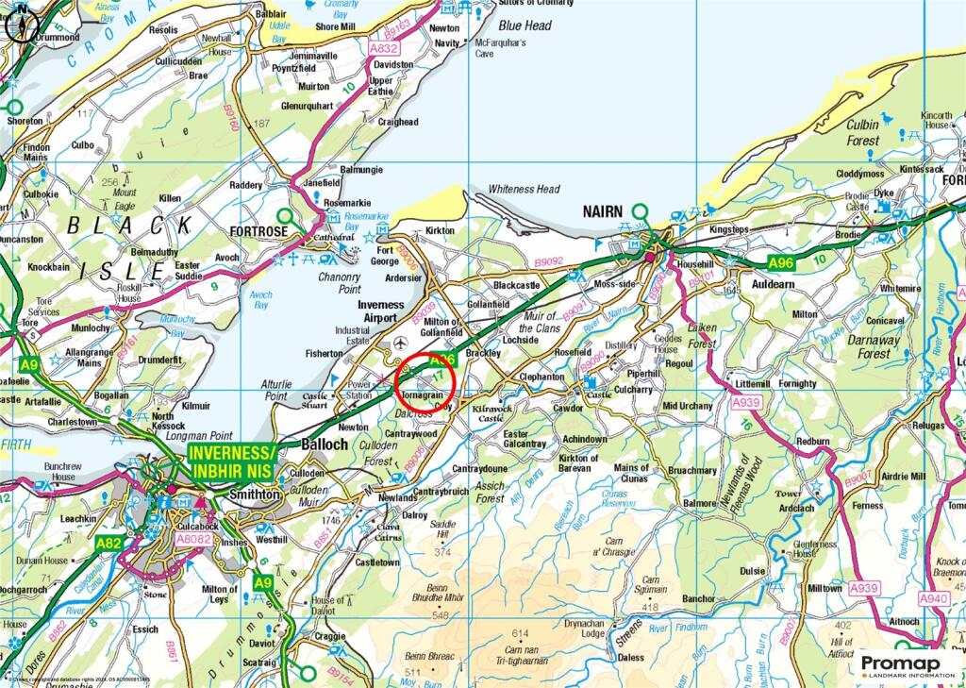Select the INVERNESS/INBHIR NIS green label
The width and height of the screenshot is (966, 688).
(x=231, y=461)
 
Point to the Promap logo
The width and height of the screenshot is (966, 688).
(x=904, y=666)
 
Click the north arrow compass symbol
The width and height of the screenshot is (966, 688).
(x=22, y=23)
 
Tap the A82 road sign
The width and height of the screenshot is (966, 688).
(x=109, y=545)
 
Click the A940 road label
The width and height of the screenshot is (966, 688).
(x=932, y=599)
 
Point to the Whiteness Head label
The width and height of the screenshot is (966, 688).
(x=524, y=189)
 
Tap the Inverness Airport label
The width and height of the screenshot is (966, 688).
(x=380, y=311)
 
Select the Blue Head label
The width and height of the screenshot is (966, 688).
(x=525, y=25)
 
